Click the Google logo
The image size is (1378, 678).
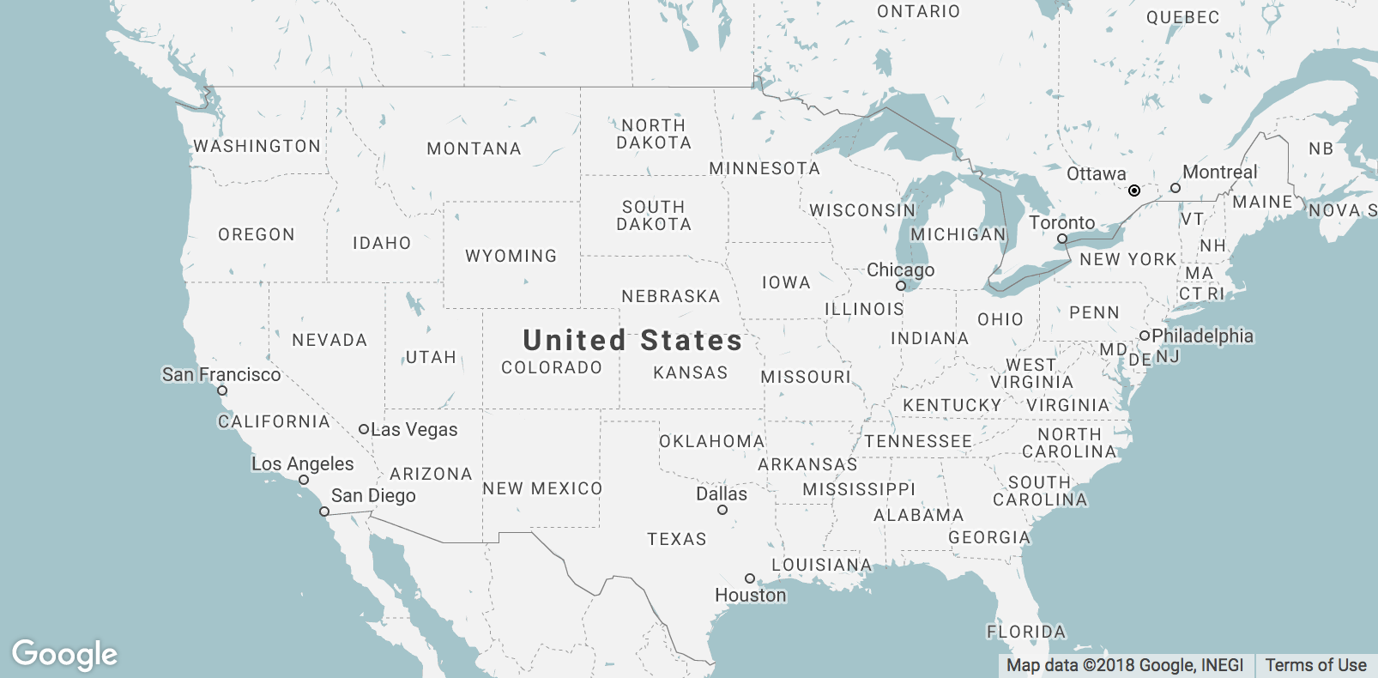click(x=64, y=655)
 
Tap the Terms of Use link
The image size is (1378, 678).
click(x=1315, y=665)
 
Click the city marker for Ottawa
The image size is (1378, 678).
click(x=1134, y=191)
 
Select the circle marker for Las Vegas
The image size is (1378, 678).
click(x=364, y=429)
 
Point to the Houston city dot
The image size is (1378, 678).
click(x=749, y=578)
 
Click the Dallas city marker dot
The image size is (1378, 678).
click(x=722, y=510)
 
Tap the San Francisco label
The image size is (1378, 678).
click(x=221, y=374)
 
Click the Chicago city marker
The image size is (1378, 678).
click(x=901, y=286)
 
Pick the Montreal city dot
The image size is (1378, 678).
click(x=1176, y=188)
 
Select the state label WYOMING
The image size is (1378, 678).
click(x=511, y=256)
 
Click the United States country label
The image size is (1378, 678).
click(x=632, y=340)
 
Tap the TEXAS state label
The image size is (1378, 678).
click(x=677, y=539)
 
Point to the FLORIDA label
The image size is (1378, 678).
click(x=1026, y=632)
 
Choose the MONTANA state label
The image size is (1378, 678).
click(x=474, y=148)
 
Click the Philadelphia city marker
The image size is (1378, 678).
click(x=1144, y=336)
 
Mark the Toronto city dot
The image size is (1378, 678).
click(x=1062, y=239)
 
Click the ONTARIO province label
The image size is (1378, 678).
click(x=918, y=11)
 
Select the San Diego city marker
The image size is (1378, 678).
click(x=324, y=512)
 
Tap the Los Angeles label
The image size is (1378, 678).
click(x=302, y=463)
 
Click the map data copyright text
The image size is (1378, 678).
click(x=1124, y=665)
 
